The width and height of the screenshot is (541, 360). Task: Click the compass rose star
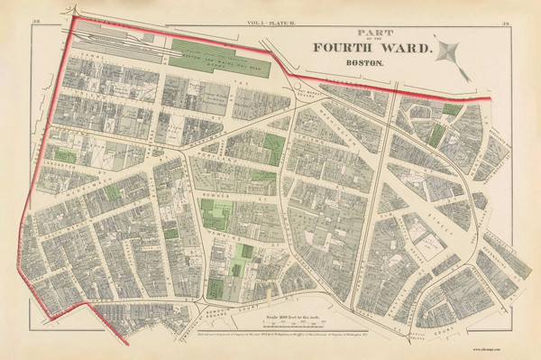(451, 54)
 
